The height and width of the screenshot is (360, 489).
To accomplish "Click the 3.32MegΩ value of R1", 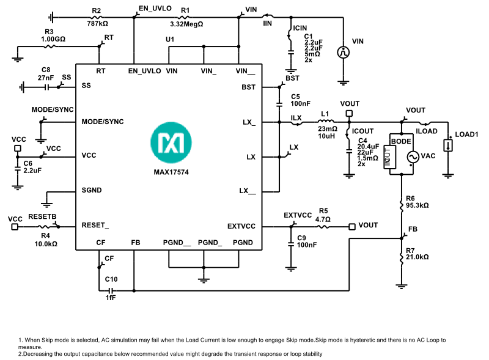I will click(x=186, y=24).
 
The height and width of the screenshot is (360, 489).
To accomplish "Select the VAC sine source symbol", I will click(x=412, y=156).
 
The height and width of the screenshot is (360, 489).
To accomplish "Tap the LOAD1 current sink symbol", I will click(x=449, y=145).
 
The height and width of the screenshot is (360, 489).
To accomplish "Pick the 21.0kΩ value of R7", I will click(x=417, y=257).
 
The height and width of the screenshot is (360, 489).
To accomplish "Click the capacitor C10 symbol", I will click(x=111, y=290).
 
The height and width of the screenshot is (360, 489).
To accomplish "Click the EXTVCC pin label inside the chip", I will click(x=241, y=226).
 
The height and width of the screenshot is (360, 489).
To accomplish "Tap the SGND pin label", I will click(x=92, y=191).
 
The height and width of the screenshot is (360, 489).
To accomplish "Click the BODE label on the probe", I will click(x=401, y=141).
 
